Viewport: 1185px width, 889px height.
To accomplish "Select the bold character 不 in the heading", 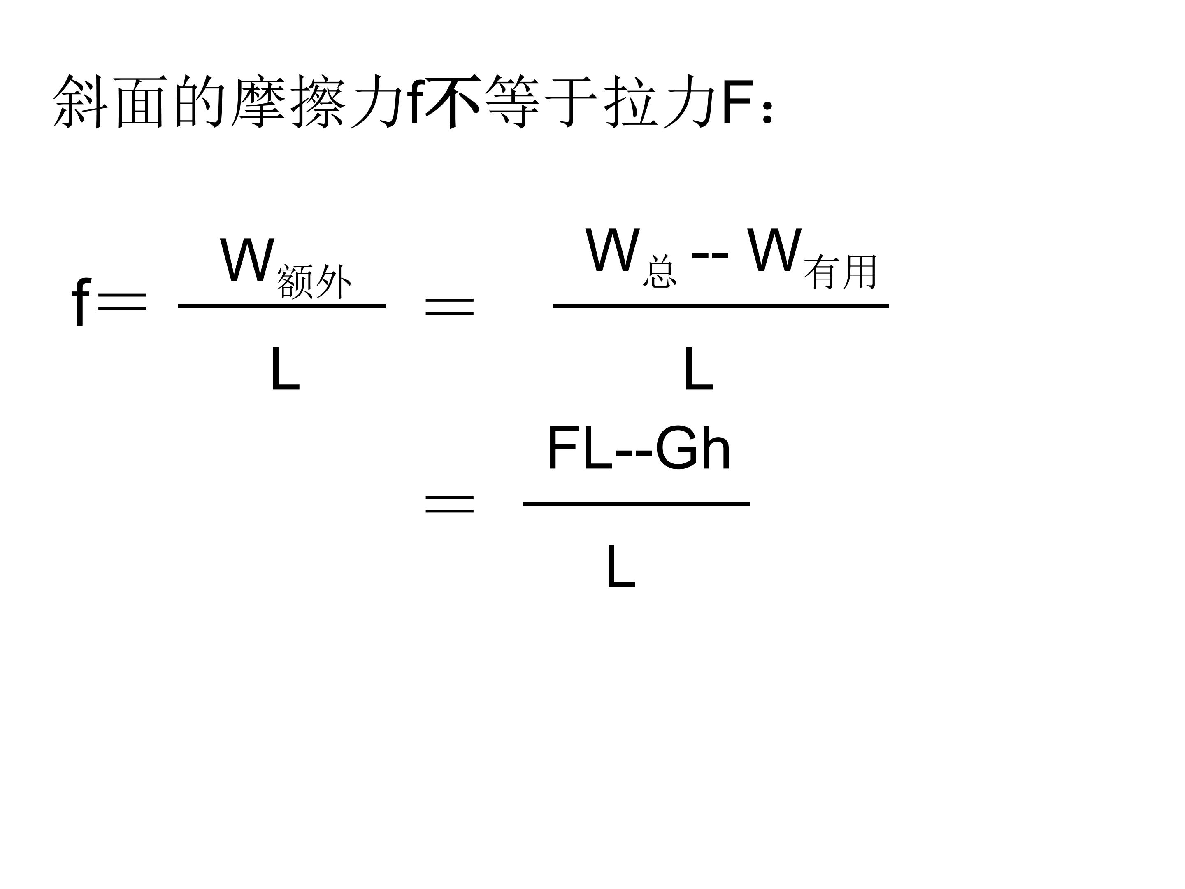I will pyautogui.click(x=453, y=101).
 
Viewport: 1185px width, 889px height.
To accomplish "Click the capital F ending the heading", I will pyautogui.click(x=738, y=101).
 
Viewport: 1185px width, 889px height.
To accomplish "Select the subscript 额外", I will pyautogui.click(x=314, y=282).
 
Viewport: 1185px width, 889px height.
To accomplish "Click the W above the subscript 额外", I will pyautogui.click(x=247, y=261).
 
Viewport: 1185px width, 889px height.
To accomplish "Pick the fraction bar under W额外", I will pyautogui.click(x=281, y=307).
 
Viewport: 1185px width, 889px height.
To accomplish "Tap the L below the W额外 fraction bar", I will pyautogui.click(x=284, y=369).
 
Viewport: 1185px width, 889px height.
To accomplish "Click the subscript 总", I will pyautogui.click(x=660, y=272).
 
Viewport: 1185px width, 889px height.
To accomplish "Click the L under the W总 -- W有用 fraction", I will pyautogui.click(x=698, y=369).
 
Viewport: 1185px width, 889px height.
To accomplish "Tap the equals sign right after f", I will pyautogui.click(x=122, y=302).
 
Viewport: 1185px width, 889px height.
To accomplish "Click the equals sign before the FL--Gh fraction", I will pyautogui.click(x=449, y=504).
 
